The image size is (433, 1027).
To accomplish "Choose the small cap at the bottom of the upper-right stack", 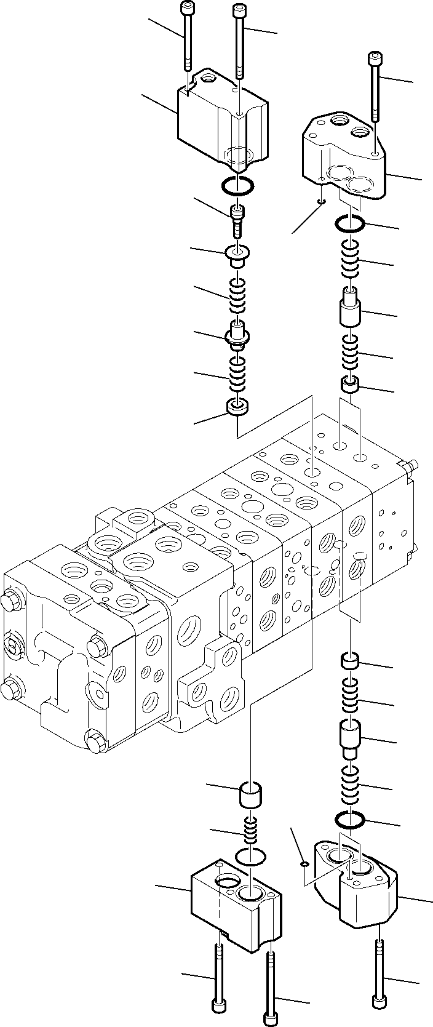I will click(x=349, y=386).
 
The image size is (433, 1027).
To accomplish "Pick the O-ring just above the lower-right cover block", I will click(x=351, y=820).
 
